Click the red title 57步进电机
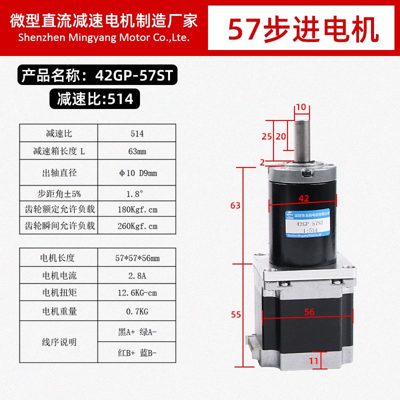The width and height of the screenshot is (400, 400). click(303, 29)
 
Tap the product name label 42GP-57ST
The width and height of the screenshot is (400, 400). click(97, 76)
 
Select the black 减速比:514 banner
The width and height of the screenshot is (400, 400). click(95, 98)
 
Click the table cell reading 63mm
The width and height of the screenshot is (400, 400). click(137, 151)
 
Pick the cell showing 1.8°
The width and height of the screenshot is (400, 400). click(137, 192)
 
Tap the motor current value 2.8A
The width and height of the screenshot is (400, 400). click(137, 275)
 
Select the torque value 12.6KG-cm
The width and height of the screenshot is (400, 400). click(137, 293)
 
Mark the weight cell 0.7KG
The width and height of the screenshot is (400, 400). click(137, 311)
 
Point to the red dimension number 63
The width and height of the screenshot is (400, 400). click(236, 205)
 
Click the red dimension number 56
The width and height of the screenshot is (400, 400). click(309, 311)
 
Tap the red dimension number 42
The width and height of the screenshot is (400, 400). click(303, 198)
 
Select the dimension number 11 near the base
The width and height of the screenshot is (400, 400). click(314, 359)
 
